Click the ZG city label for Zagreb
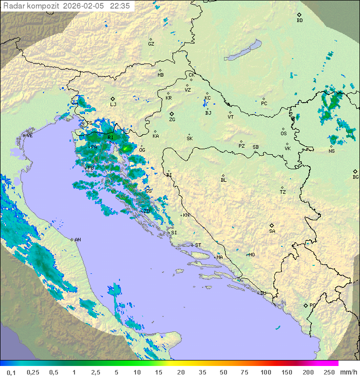[x=172, y=120]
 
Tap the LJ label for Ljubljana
[x=113, y=104]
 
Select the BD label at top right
[x=299, y=21]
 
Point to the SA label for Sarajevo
[x=272, y=231]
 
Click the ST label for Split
[x=198, y=245]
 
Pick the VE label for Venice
[x=29, y=136]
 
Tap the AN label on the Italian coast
[x=77, y=240]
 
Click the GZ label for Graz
[x=151, y=44]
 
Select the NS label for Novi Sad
[x=331, y=151]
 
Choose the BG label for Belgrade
[x=355, y=177]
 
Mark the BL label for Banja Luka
[x=223, y=180]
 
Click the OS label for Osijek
[x=283, y=134]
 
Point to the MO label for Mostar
[x=251, y=254]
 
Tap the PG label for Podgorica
[x=312, y=305]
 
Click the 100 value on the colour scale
[x=265, y=372]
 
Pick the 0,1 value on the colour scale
[x=11, y=372]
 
